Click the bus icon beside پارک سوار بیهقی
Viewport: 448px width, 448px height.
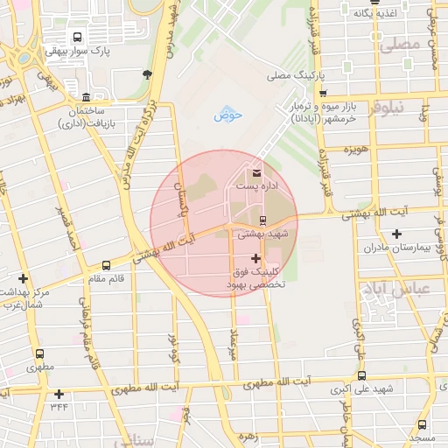78,38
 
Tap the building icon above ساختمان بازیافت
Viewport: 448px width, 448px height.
85,97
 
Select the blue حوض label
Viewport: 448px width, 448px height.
227,115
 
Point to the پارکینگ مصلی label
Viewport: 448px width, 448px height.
297,76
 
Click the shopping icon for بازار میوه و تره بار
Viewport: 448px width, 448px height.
323,93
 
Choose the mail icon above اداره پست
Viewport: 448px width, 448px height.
256,172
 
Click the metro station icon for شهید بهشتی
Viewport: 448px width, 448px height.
262,219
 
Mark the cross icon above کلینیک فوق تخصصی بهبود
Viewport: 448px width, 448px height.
255,258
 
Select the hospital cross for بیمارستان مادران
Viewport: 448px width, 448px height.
397,234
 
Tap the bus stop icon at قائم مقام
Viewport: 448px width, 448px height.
106,264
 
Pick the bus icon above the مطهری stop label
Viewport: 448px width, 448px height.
39,354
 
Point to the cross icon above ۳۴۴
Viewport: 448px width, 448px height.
59,394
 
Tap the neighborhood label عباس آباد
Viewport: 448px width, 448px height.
409,289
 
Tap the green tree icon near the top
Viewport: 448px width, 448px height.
146,73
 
